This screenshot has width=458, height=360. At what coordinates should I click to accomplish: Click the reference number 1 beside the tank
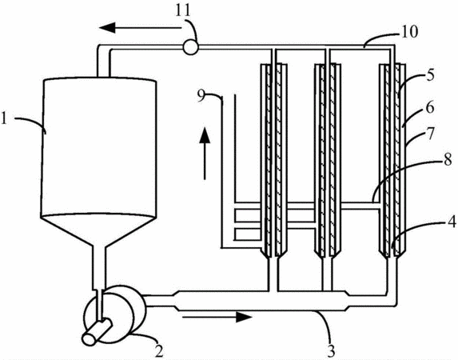(4, 119)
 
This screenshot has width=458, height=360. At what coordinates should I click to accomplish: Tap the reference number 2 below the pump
(159, 350)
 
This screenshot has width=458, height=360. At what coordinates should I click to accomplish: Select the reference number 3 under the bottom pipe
(330, 351)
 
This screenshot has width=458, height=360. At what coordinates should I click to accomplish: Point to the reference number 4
(452, 222)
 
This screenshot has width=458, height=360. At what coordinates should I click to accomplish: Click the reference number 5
(430, 75)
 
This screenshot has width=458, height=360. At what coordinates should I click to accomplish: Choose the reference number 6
(430, 108)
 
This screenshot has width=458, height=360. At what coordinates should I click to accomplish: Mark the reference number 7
(430, 134)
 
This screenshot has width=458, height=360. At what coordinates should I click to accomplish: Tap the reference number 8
(448, 160)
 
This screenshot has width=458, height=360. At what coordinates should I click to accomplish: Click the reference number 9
(201, 96)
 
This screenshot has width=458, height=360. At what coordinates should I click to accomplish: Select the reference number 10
(409, 32)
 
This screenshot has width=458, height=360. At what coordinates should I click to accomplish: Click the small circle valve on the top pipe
(190, 47)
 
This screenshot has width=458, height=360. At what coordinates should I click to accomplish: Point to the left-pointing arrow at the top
(140, 28)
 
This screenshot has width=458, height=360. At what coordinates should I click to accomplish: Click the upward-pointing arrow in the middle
(205, 153)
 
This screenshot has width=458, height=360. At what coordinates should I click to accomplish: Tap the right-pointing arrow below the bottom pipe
(217, 317)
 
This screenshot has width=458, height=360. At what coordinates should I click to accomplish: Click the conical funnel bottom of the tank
(98, 230)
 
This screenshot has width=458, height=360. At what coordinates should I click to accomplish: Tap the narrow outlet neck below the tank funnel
(99, 268)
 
